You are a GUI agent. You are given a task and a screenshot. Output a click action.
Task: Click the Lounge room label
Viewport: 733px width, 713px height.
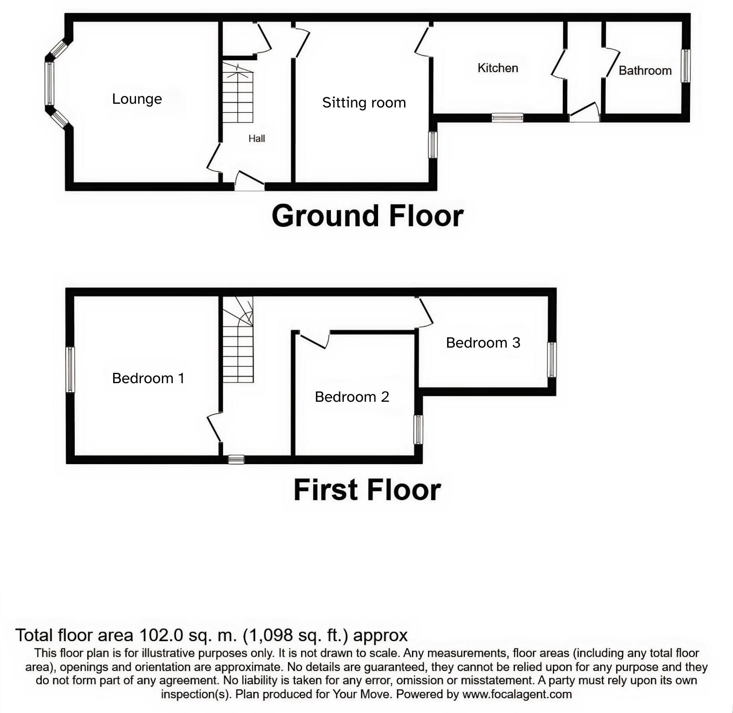click(x=137, y=99)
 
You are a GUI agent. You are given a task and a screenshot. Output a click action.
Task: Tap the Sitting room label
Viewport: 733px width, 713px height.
click(x=364, y=103)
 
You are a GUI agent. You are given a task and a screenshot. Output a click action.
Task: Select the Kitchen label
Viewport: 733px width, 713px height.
click(x=497, y=68)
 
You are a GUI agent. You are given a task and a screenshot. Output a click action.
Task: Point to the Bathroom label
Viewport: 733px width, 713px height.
click(x=645, y=71)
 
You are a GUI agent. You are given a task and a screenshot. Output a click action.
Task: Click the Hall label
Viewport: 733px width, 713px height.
click(x=257, y=138)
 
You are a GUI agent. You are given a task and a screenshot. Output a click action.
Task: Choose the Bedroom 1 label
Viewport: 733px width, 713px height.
click(x=148, y=378)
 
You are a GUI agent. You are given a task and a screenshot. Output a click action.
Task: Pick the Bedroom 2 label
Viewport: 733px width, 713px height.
click(x=352, y=397)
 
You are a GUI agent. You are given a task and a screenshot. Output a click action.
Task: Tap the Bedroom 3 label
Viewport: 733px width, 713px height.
click(x=483, y=343)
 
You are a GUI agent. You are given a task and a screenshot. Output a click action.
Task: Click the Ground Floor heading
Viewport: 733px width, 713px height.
click(x=367, y=216)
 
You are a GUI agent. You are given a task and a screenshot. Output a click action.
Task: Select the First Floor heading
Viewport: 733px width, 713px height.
click(x=367, y=490)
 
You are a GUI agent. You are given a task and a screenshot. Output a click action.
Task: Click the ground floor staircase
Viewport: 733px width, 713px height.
click(x=238, y=93)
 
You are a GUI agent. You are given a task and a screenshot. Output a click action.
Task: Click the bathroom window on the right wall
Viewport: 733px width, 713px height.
click(x=685, y=66)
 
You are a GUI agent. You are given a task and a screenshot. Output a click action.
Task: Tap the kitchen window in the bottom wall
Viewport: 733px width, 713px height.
click(x=507, y=118)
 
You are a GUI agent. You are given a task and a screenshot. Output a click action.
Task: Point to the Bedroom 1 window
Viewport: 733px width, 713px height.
click(x=71, y=369)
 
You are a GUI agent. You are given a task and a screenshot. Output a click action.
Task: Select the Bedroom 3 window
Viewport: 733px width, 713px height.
click(x=552, y=360)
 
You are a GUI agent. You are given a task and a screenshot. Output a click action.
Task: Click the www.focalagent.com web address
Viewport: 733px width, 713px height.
click(x=517, y=694)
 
